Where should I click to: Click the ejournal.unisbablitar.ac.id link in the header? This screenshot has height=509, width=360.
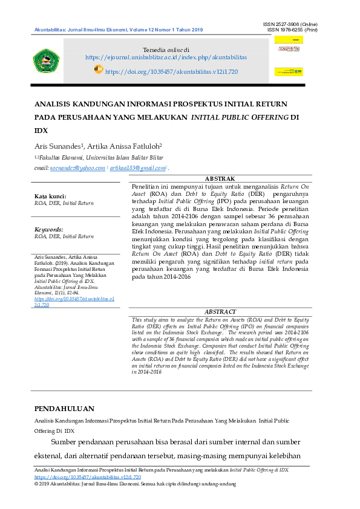tap(166, 57)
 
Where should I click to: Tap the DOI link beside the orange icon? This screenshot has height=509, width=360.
tap(171, 71)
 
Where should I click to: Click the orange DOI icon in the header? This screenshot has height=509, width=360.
tap(99, 70)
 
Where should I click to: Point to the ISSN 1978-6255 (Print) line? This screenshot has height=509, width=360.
tap(292, 30)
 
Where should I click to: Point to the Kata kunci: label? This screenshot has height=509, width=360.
tap(50, 196)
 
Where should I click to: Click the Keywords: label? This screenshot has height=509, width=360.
tap(49, 230)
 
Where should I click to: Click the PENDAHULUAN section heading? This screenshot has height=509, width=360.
tap(64, 409)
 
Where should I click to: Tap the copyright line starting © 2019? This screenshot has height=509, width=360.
tap(134, 484)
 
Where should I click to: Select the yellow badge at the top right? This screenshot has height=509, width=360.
tap(289, 40)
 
